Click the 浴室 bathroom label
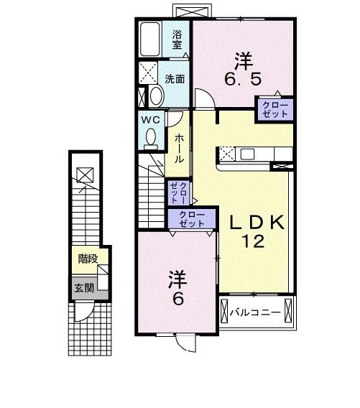tap(177, 38)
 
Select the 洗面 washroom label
tap(175, 78)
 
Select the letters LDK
tap(257, 223)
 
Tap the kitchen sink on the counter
tap(248, 153)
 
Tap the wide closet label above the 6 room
tap(191, 218)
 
